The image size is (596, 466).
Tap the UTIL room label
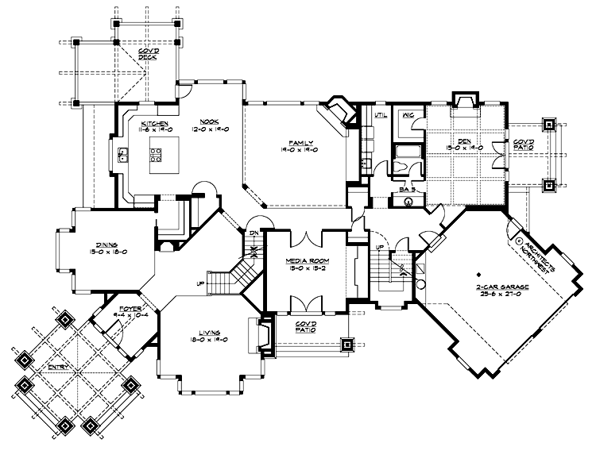[379, 117]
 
